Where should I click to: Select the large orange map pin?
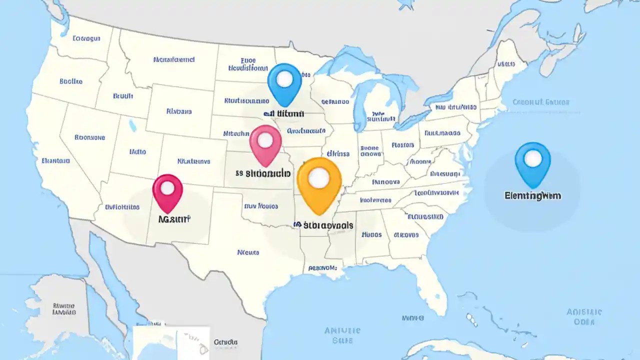[319, 180]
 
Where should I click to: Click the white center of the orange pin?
[319, 177]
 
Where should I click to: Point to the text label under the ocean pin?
[533, 196]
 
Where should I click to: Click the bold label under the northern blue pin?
[283, 114]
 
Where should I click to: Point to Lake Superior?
[350, 62]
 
